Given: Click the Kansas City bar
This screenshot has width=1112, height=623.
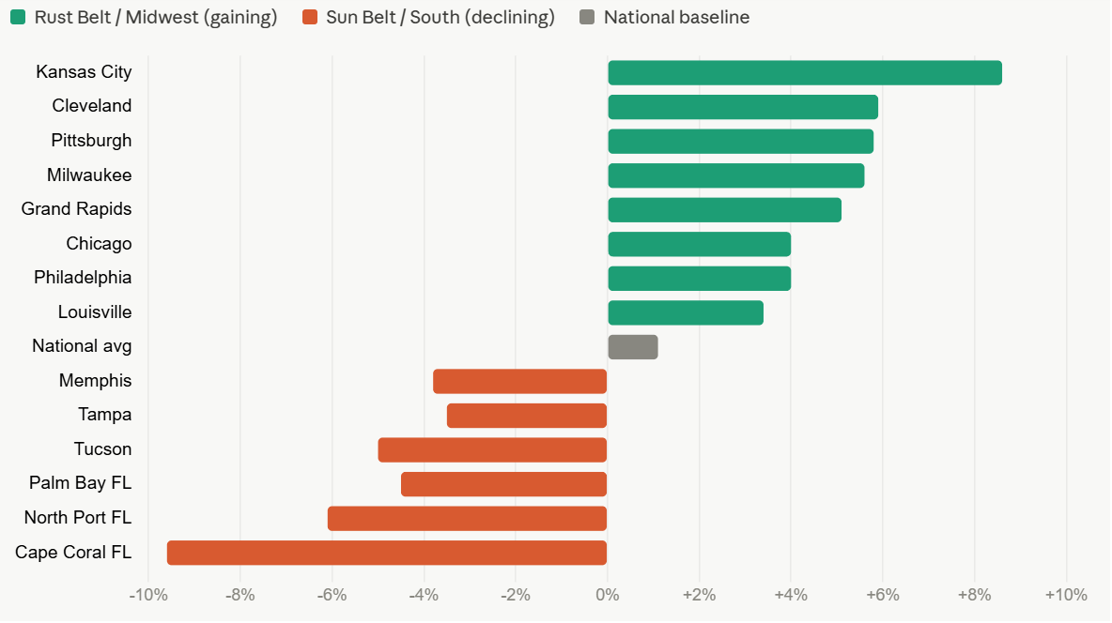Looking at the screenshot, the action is (x=805, y=73).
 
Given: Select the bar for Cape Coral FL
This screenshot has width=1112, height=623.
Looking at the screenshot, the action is (x=387, y=553).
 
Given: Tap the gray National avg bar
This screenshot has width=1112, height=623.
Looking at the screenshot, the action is (x=633, y=347).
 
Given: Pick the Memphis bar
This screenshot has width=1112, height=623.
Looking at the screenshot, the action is (x=519, y=381).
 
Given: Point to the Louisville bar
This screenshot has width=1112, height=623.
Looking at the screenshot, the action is (x=686, y=312).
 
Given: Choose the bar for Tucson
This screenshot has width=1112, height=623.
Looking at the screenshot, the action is (x=492, y=450).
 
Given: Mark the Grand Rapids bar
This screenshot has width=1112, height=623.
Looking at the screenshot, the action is (x=725, y=210).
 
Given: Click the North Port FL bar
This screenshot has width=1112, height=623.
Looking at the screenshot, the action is (x=468, y=518).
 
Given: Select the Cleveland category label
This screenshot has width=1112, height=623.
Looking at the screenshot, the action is (x=91, y=106).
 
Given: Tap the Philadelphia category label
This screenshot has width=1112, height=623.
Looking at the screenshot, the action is (x=83, y=277).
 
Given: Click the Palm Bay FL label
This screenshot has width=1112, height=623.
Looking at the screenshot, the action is (x=80, y=482).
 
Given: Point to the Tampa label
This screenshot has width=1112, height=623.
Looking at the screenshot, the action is (x=105, y=415).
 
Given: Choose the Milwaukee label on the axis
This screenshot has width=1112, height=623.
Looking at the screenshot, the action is (x=89, y=175).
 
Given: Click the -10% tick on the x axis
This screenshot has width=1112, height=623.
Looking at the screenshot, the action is (x=148, y=595).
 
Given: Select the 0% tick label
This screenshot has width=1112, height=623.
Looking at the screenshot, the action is (x=607, y=595).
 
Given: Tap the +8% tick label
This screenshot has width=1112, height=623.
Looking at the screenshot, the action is (x=975, y=595).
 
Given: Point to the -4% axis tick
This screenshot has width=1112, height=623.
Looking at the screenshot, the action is (x=424, y=595).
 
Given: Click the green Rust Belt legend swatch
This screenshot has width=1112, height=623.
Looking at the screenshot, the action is (x=18, y=17).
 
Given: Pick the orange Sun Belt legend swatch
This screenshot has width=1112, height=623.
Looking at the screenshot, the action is (x=309, y=17).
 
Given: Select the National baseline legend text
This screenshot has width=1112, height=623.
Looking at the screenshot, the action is (x=676, y=17).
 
